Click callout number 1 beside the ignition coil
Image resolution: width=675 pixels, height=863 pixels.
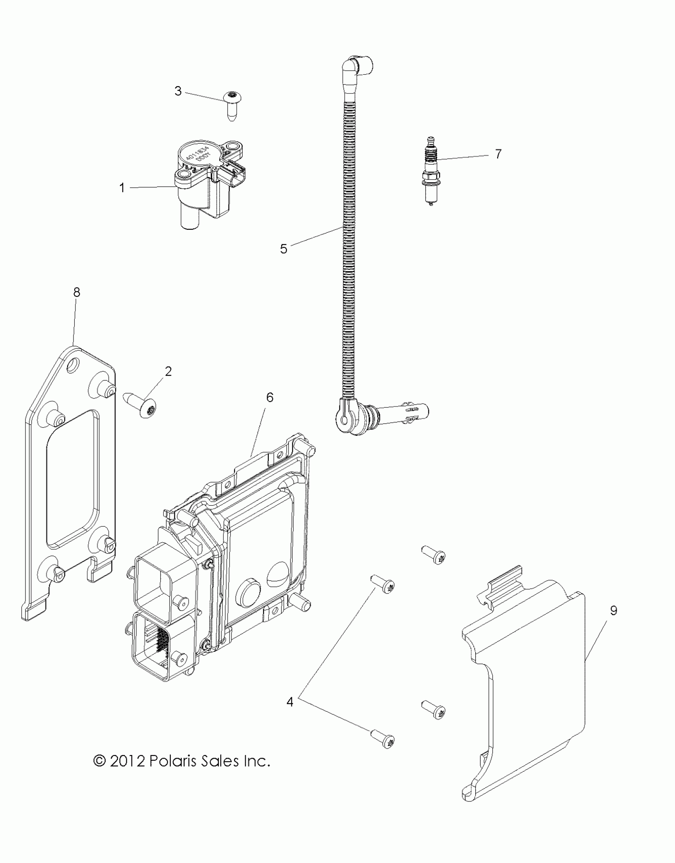(122, 187)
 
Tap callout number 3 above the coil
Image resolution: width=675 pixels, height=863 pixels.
(178, 91)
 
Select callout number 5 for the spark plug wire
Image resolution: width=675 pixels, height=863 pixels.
(283, 249)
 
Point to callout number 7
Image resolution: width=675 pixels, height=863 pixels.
(498, 154)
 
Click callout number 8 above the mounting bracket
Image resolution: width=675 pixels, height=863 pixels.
(77, 293)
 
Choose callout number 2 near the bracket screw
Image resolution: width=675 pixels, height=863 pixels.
(168, 372)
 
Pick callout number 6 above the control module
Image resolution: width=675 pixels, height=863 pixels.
(270, 397)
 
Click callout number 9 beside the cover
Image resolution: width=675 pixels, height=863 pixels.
(613, 611)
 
